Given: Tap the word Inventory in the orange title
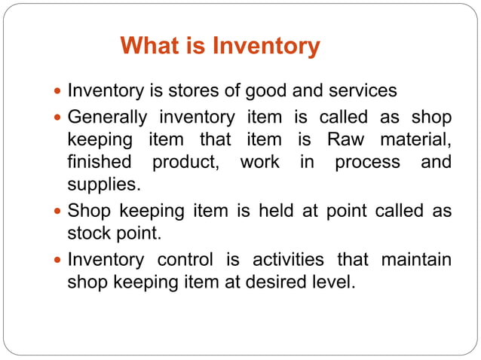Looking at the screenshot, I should [265, 47].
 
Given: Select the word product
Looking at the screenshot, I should [188, 163].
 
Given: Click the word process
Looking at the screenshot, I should [368, 163].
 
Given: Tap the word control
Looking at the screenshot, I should [183, 261].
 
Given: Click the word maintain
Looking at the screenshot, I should [417, 261].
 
